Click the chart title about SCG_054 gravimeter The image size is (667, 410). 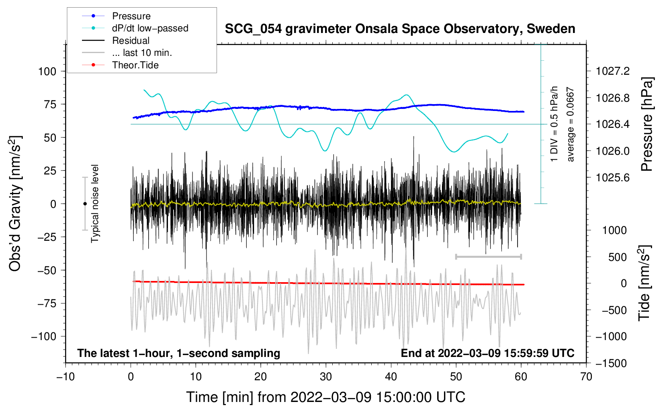pos(400,29)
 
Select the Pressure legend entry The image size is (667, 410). pos(131,16)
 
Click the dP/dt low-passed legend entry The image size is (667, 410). pos(150,28)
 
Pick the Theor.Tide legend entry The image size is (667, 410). pos(135,65)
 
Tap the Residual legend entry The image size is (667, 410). pos(131,41)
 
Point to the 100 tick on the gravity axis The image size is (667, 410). pos(47,72)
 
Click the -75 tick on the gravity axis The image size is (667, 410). pos(47,303)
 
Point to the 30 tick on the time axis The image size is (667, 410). pos(326,377)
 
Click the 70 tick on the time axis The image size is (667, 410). pos(586,377)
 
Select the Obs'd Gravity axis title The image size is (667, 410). pos(15,204)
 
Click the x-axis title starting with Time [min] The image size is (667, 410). pos(325,397)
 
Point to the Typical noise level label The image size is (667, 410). pos(95,204)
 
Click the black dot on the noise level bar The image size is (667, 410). pos(85,204)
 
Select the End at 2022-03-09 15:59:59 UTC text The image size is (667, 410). pos(487,353)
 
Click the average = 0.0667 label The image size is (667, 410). pos(571,125)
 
